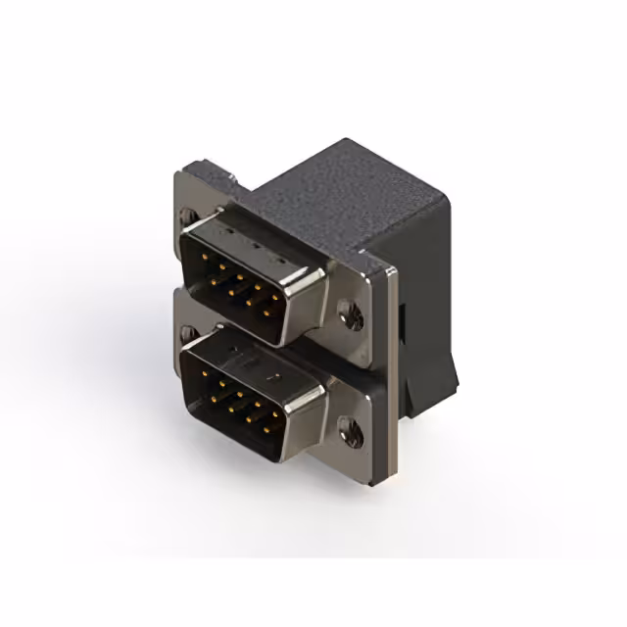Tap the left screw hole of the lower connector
[x=186, y=332]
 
